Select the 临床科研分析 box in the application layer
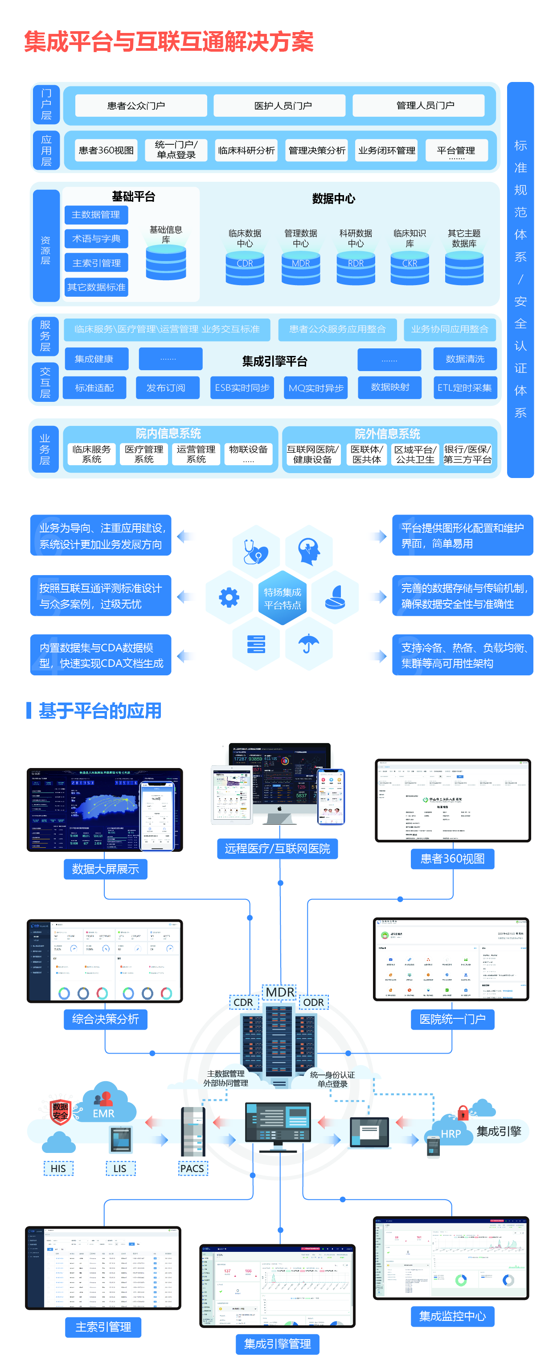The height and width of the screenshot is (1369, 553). (x=246, y=151)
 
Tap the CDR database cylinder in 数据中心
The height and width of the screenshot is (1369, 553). (x=245, y=268)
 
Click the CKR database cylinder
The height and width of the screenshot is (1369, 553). (x=410, y=268)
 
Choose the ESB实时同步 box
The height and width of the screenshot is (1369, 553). (x=242, y=388)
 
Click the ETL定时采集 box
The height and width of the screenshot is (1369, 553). (x=464, y=388)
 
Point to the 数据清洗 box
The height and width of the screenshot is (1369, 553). (x=465, y=359)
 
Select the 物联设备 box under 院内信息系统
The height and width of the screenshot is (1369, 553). (x=248, y=454)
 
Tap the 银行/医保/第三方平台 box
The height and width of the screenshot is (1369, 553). (x=467, y=454)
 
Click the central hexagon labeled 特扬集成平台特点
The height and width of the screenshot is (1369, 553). (x=283, y=598)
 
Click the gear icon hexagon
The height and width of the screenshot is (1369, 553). (x=229, y=597)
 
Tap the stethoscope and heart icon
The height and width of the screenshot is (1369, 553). (x=256, y=552)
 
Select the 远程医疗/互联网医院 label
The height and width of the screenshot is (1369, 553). (x=277, y=848)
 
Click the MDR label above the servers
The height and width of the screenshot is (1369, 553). (x=280, y=992)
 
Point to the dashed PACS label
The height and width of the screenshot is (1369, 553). (x=192, y=1168)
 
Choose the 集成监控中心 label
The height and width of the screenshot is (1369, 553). (x=452, y=1316)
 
